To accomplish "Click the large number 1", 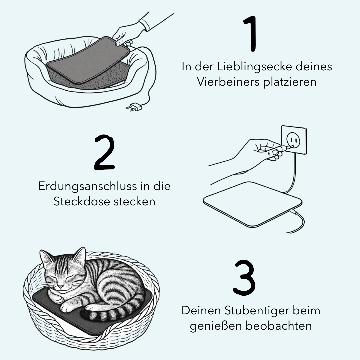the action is (251, 34).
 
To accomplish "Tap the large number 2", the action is (104, 152).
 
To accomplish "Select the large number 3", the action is (244, 278).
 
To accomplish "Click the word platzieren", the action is (290, 82).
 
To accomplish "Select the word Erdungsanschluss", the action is (87, 186).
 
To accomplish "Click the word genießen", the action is (216, 326).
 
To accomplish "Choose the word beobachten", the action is (279, 326).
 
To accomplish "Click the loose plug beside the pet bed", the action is (134, 107).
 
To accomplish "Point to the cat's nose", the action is (61, 286).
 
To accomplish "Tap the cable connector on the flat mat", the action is (293, 211).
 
